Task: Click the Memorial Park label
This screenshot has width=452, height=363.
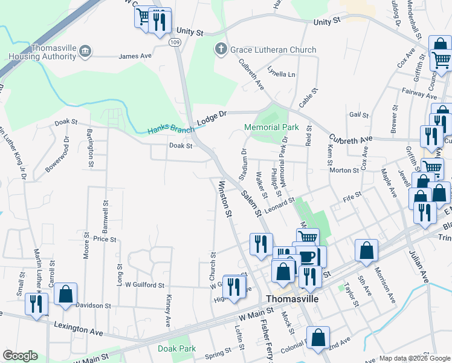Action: point(272,128)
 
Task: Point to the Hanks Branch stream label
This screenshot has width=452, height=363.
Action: point(172,130)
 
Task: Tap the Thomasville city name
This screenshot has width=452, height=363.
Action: point(293,299)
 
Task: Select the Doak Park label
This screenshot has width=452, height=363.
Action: point(176,348)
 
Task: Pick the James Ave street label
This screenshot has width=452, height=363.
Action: point(135,56)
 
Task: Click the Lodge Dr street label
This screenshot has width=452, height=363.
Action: point(211,117)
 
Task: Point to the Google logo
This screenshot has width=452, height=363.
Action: point(20,356)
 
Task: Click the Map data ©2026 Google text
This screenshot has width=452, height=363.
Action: point(415,358)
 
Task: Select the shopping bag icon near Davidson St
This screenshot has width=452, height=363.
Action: point(65,294)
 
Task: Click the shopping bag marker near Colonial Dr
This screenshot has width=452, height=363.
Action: point(318,337)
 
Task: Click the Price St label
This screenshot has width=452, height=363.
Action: point(105,239)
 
